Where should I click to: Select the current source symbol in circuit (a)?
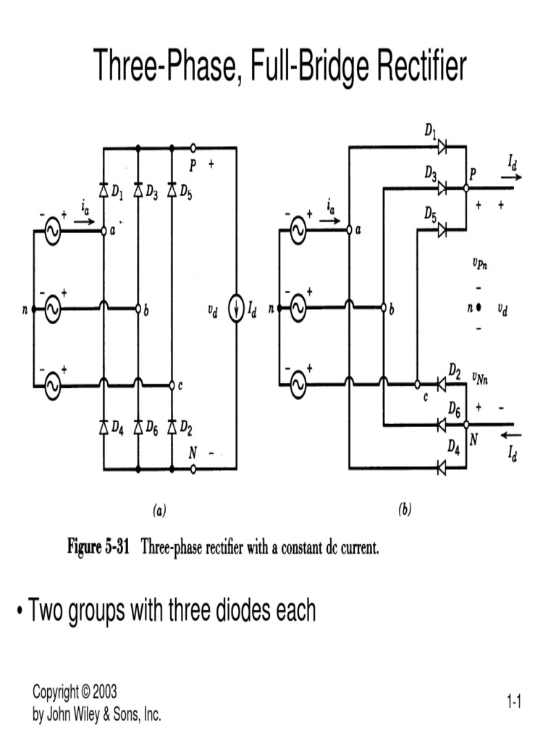[x=236, y=309]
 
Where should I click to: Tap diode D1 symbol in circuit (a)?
[x=104, y=191]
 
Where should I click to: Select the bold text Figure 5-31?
[x=98, y=548]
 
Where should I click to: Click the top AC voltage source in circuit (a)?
[x=52, y=232]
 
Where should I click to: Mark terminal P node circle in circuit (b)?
[x=467, y=188]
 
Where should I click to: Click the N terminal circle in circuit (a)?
[x=193, y=470]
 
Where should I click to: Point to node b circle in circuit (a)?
[x=138, y=309]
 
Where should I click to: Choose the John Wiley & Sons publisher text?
[x=97, y=716]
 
